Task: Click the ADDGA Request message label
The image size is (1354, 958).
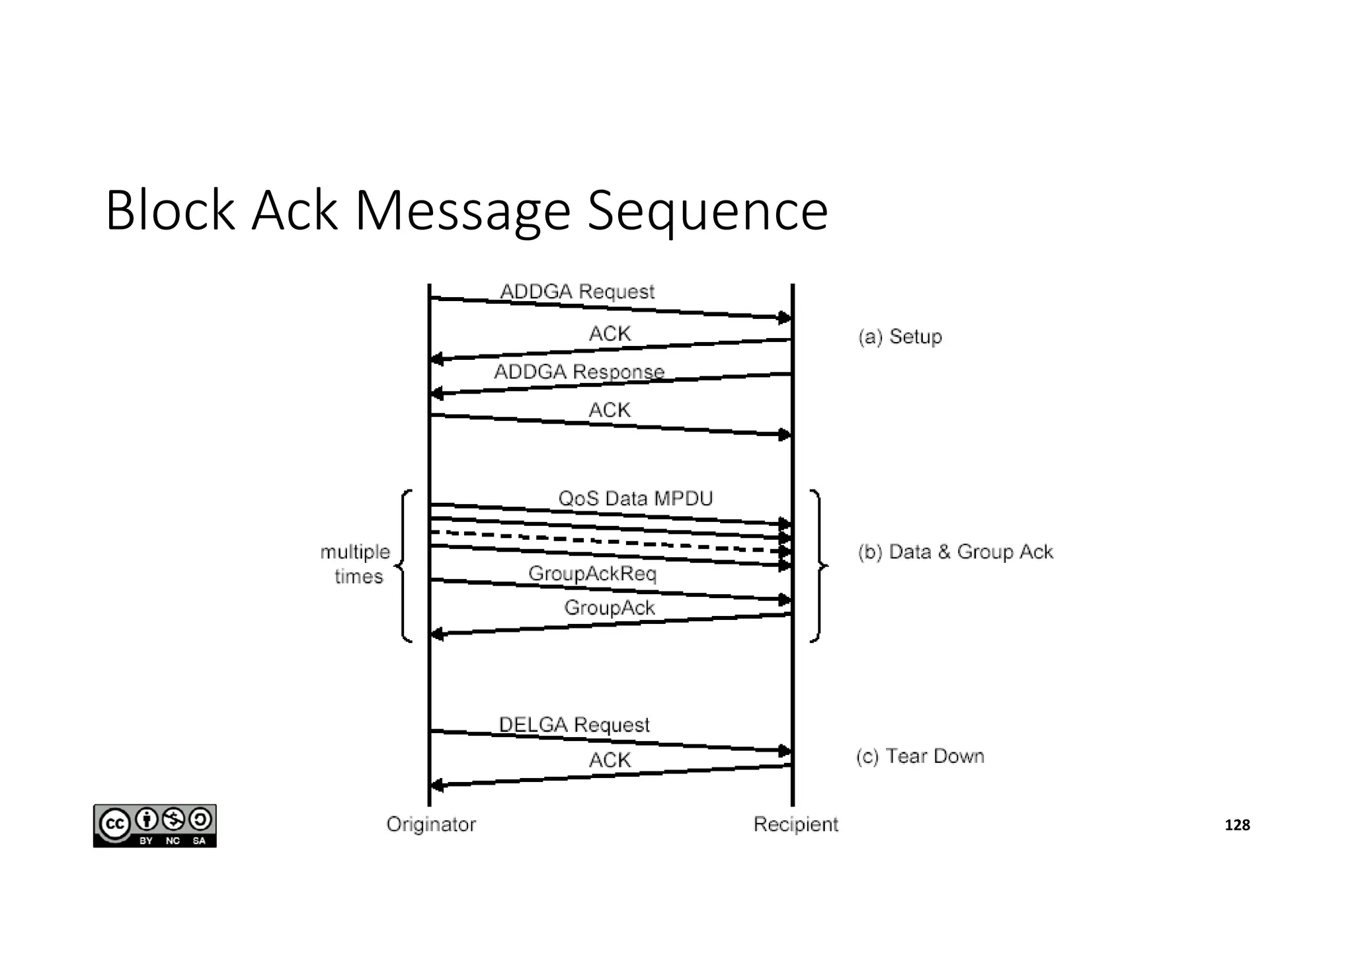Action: pos(577,292)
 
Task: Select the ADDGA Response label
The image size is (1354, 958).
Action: pos(579,372)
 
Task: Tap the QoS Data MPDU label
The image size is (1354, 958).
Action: pos(635,498)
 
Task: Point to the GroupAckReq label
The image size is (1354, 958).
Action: pos(592,573)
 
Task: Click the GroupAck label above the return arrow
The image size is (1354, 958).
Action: pos(609,607)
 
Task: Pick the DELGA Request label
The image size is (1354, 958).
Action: pos(574,724)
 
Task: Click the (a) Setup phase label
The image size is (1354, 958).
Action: pos(900,337)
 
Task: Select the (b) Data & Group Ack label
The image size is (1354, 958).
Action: pos(955,552)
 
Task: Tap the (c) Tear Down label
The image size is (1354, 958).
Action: pos(920,756)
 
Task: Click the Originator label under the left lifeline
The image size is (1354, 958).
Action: pos(431,824)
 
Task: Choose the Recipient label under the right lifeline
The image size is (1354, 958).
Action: pos(795,824)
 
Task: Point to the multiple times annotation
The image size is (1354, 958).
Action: pos(356,564)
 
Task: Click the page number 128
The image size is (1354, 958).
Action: pos(1237,825)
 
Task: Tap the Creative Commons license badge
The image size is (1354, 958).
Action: pos(155,826)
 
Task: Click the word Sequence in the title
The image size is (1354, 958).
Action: pos(707,211)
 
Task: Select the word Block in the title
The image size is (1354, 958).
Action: pos(169,211)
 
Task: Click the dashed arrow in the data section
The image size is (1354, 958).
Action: pos(608,541)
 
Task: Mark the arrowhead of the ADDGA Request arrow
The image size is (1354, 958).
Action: pos(784,318)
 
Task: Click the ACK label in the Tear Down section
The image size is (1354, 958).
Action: pos(610,760)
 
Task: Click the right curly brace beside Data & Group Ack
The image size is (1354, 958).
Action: pos(818,566)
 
